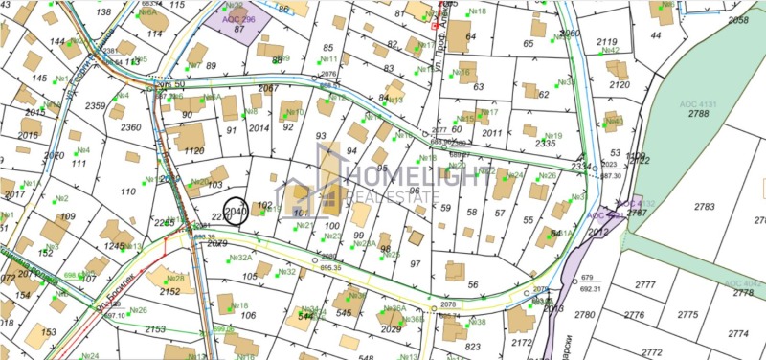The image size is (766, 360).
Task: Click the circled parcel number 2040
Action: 236,211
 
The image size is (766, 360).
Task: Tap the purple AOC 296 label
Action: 238,18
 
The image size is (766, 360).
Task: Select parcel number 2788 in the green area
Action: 698,114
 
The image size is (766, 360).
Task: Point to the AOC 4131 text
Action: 698,102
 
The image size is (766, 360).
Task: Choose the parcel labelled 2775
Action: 687,315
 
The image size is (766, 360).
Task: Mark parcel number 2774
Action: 737,333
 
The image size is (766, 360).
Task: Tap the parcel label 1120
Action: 193,151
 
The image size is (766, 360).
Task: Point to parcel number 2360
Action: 130,127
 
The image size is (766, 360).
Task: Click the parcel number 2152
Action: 169,291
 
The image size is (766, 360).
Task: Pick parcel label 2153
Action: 155,328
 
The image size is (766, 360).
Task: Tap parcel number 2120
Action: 619,84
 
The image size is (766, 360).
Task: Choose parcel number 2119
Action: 606,42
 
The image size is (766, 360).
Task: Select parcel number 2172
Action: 522,342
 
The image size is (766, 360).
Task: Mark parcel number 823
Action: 473,347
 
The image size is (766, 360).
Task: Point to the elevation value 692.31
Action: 590,288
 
